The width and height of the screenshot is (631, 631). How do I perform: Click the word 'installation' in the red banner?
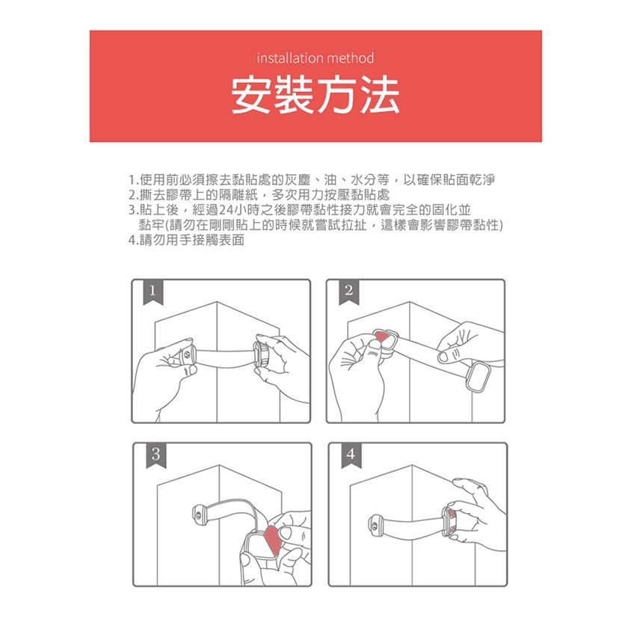(x=285, y=58)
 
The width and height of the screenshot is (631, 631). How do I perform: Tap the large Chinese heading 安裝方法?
(x=315, y=95)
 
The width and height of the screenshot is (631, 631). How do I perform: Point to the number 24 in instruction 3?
(x=225, y=209)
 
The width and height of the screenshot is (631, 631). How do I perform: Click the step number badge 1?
(x=153, y=292)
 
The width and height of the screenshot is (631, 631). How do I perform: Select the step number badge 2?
(x=349, y=292)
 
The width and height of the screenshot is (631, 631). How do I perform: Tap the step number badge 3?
(x=156, y=455)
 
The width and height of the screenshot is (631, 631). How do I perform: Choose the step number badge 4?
(x=351, y=455)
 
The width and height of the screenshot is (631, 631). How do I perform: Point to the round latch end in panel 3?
(x=199, y=514)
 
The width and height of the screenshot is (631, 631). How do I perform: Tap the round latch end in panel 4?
(x=376, y=524)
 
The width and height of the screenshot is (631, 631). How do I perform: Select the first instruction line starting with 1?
(x=312, y=179)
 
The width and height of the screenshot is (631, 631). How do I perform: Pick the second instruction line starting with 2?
(x=259, y=195)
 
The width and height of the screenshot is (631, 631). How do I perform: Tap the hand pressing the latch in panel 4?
(x=475, y=515)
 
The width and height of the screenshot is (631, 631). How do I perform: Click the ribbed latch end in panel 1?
(x=262, y=354)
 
